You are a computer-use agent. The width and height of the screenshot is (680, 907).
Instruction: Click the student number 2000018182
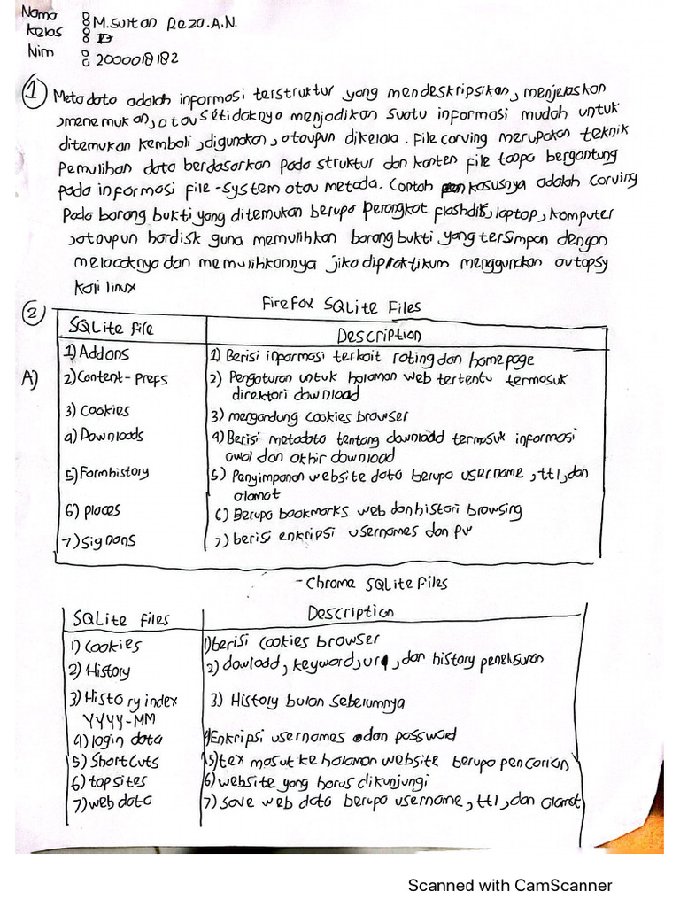135,60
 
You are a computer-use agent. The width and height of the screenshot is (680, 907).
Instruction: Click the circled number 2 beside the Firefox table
33,313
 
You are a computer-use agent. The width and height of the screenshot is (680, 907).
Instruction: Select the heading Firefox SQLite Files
341,306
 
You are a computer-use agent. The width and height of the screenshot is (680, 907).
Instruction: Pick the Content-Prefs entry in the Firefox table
115,378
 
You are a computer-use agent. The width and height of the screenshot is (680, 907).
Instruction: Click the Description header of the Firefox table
379,336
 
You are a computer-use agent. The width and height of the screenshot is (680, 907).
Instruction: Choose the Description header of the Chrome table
351,613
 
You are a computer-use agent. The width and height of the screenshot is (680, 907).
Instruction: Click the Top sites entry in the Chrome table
111,781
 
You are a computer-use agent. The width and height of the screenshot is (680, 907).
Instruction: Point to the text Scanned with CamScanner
509,885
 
